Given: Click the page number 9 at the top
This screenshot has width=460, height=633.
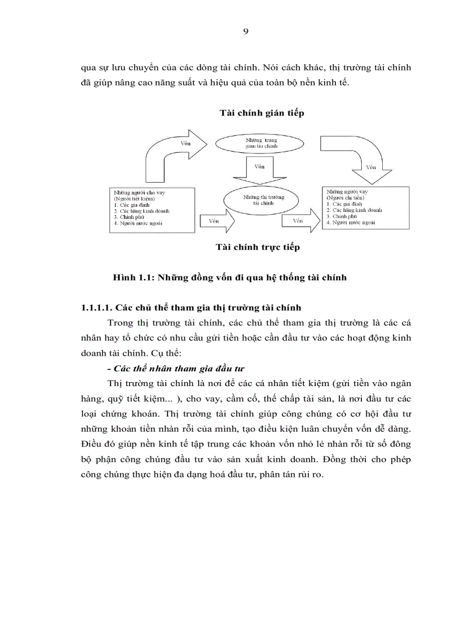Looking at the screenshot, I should (245, 32).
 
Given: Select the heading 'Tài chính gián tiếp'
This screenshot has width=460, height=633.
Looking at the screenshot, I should (262, 113).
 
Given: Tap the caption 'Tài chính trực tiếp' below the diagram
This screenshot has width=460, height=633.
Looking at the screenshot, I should (258, 247).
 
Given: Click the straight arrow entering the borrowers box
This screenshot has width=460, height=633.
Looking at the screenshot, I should (299, 221).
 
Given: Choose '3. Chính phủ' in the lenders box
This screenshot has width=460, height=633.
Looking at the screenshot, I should (127, 216).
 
